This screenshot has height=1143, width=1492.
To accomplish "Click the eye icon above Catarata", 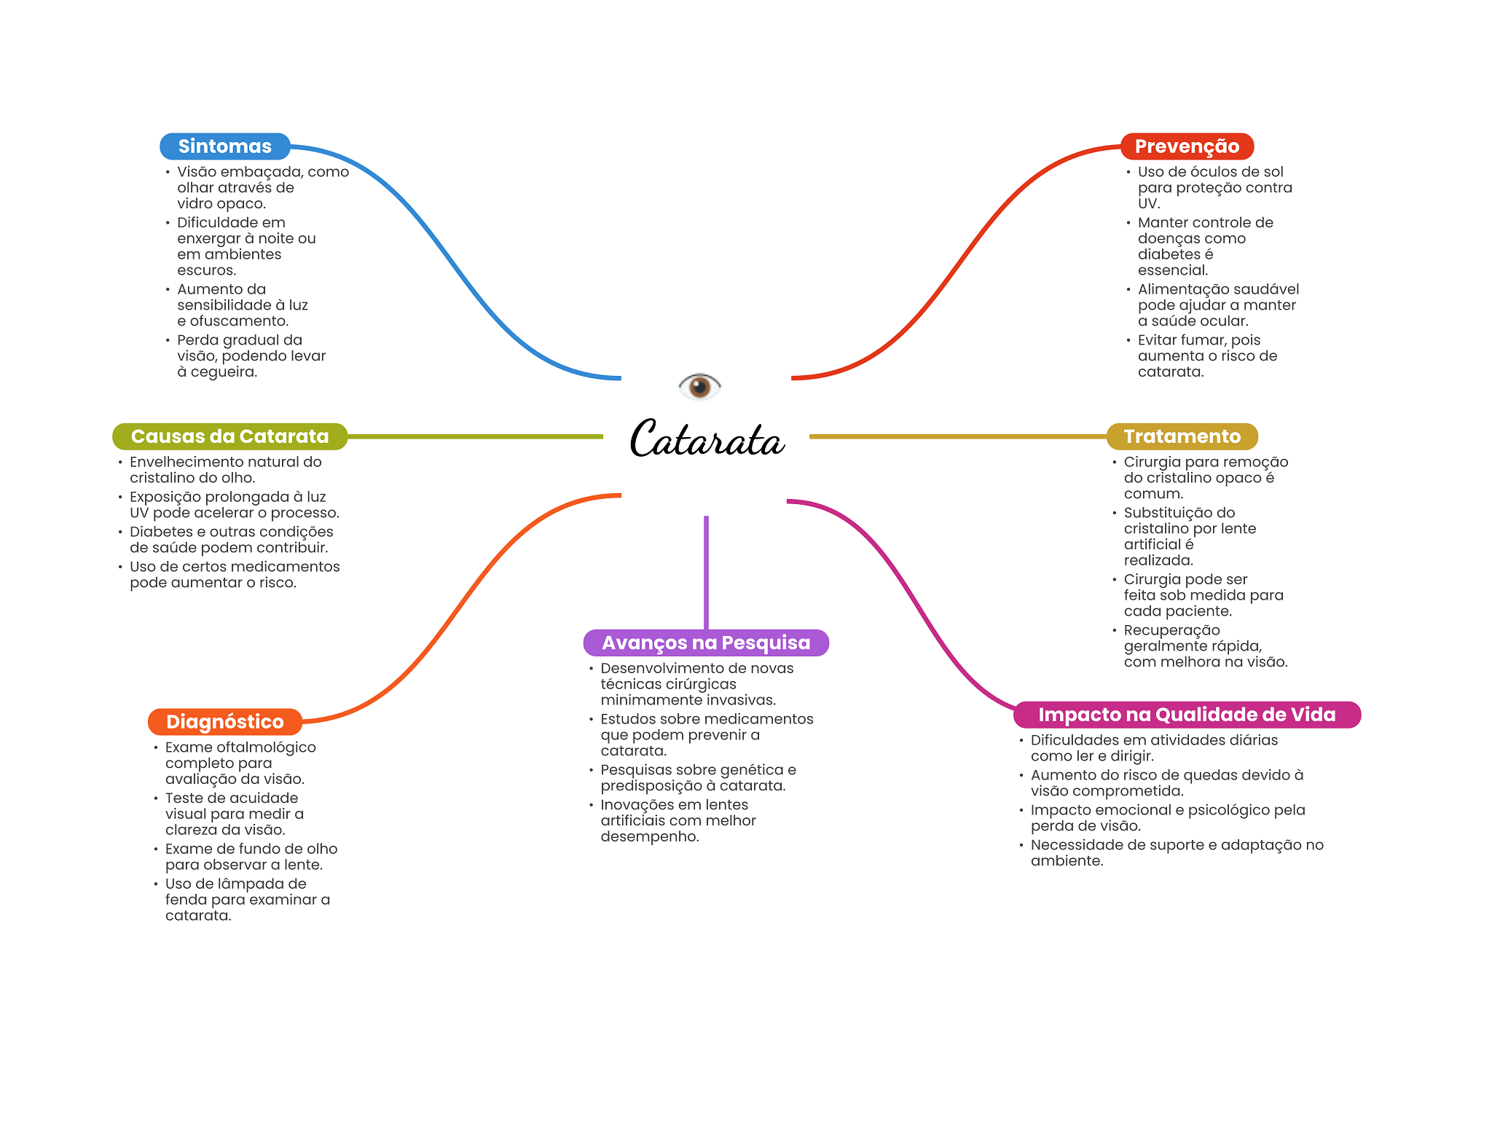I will pyautogui.click(x=699, y=386).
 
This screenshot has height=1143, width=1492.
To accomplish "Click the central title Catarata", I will pyautogui.click(x=707, y=439).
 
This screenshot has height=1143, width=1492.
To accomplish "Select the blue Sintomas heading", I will pyautogui.click(x=224, y=146).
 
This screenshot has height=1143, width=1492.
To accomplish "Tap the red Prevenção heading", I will pyautogui.click(x=1187, y=146).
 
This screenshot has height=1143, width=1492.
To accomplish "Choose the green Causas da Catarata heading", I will pyautogui.click(x=229, y=436).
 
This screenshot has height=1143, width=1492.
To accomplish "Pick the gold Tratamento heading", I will pyautogui.click(x=1182, y=436).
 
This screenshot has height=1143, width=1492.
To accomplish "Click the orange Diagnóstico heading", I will pyautogui.click(x=224, y=722).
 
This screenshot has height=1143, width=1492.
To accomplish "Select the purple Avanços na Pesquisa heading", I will pyautogui.click(x=706, y=643).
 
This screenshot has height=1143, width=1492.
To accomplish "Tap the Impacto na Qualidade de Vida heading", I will pyautogui.click(x=1187, y=715).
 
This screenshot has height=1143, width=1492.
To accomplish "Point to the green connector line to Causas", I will pyautogui.click(x=474, y=436).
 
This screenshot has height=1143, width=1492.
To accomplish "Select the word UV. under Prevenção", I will pyautogui.click(x=1149, y=204).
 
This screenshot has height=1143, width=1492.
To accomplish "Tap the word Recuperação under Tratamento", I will pyautogui.click(x=1171, y=630).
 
